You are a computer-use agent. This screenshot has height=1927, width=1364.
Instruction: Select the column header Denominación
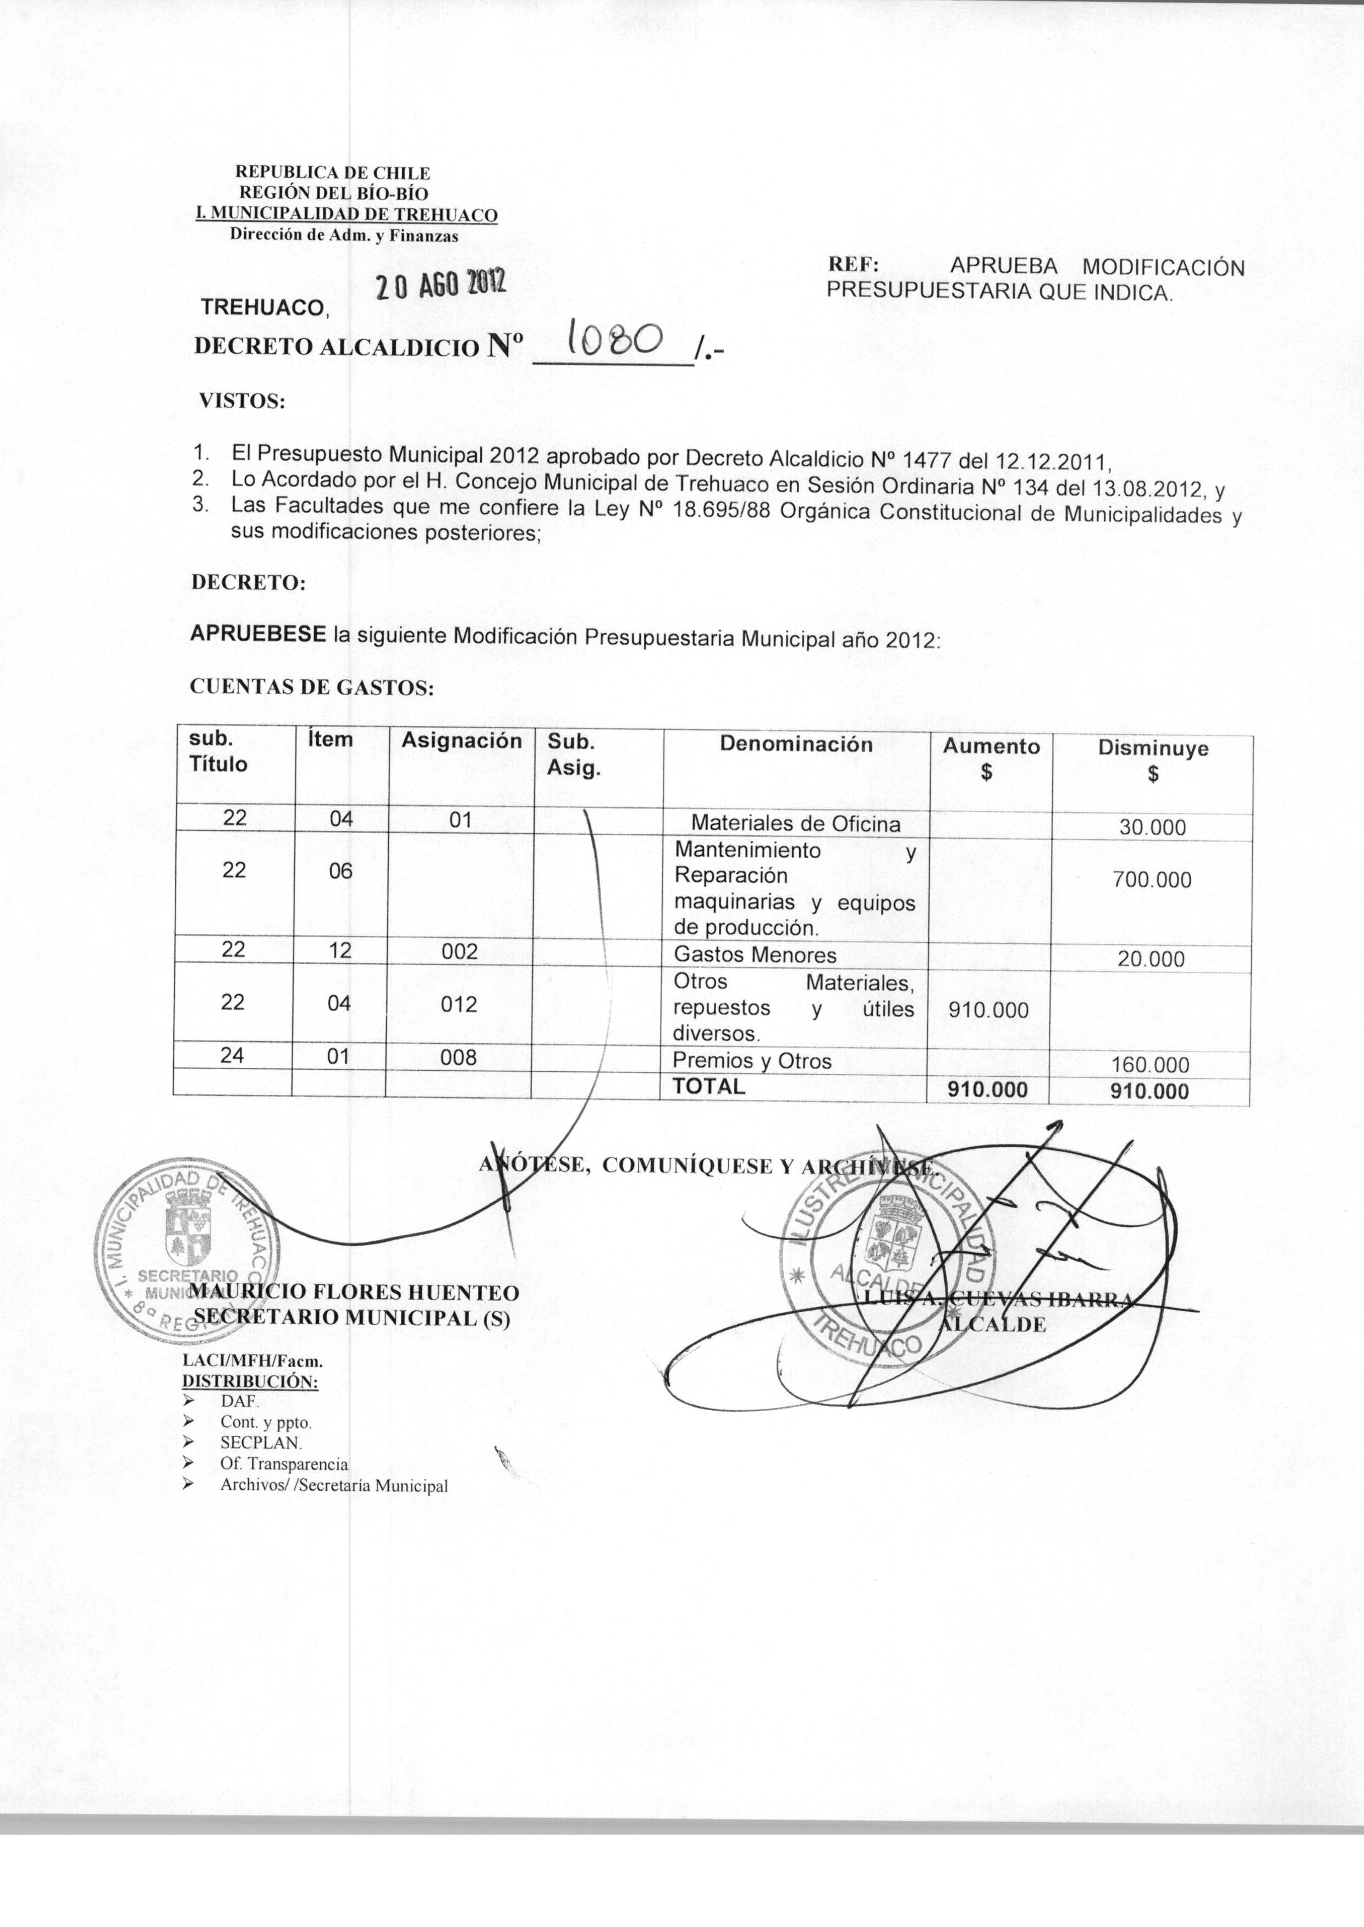tap(795, 744)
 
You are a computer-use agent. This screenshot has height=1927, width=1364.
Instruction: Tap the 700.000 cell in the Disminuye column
tap(1152, 880)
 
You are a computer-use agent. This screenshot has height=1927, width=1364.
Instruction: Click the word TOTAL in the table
tap(709, 1086)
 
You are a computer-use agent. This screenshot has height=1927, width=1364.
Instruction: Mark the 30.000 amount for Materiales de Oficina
tap(1152, 828)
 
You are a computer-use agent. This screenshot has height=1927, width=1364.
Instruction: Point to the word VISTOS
tap(242, 401)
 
